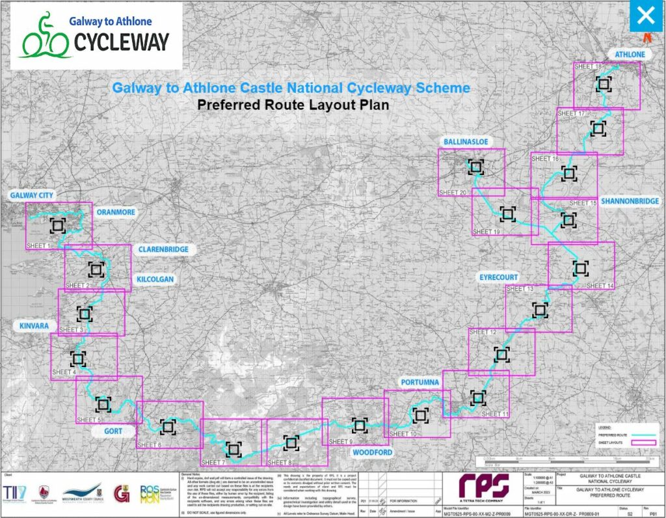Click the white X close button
(645, 16)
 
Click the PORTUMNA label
(420, 381)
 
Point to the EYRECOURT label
(499, 277)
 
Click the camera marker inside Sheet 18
(604, 83)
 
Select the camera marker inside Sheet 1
(57, 225)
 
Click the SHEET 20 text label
(453, 193)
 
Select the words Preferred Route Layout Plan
(293, 105)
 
